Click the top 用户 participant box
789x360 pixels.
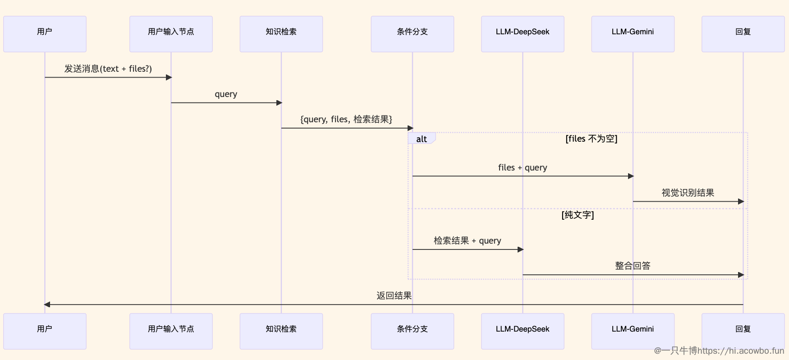click(x=45, y=34)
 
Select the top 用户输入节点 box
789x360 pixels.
click(x=171, y=34)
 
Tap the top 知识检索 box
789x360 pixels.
click(x=281, y=34)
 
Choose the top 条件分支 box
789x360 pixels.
click(x=412, y=34)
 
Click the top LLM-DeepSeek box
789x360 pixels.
click(x=523, y=34)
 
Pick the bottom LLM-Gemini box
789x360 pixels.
click(x=633, y=331)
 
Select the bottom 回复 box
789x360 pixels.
click(x=743, y=331)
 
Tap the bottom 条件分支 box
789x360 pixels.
click(x=412, y=331)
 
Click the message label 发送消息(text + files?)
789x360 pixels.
click(x=108, y=69)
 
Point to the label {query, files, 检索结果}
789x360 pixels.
click(x=346, y=119)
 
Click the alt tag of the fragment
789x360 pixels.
click(x=422, y=139)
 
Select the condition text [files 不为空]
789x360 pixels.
click(x=591, y=138)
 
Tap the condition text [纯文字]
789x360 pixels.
click(x=578, y=215)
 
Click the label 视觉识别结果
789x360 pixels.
click(x=688, y=193)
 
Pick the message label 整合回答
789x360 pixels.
click(x=633, y=266)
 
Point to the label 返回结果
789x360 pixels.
click(x=394, y=295)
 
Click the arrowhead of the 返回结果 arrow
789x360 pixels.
click(x=47, y=305)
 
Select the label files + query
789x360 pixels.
click(x=523, y=167)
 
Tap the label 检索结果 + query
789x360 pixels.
click(x=467, y=240)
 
